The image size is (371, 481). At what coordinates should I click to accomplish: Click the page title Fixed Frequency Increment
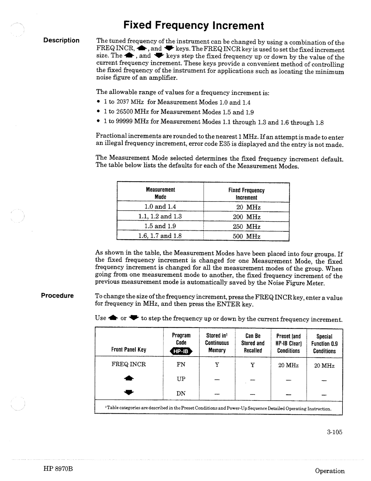[x=193, y=25]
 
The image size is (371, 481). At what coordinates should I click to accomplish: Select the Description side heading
[x=61, y=40]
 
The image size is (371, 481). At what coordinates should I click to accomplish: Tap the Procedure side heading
[x=58, y=296]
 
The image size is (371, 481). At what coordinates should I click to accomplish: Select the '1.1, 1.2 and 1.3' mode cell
[x=160, y=217]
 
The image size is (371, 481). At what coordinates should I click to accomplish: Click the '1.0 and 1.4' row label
[x=160, y=207]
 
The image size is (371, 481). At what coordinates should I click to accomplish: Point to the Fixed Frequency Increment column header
[x=246, y=194]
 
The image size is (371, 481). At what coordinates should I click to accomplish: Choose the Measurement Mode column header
[x=160, y=193]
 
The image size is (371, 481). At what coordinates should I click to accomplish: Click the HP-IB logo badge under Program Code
[x=181, y=351]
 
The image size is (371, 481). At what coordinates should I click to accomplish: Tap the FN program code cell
[x=181, y=364]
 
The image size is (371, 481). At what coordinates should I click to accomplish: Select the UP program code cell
[x=181, y=379]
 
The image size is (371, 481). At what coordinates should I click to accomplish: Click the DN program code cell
[x=181, y=393]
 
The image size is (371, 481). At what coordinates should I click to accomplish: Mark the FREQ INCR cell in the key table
[x=129, y=364]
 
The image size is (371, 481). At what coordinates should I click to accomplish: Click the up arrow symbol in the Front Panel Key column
[x=129, y=379]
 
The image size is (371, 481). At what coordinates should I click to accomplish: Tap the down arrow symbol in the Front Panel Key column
[x=129, y=393]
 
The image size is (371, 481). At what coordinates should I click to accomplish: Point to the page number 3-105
[x=335, y=432]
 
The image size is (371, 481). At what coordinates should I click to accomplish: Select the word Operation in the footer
[x=330, y=471]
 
